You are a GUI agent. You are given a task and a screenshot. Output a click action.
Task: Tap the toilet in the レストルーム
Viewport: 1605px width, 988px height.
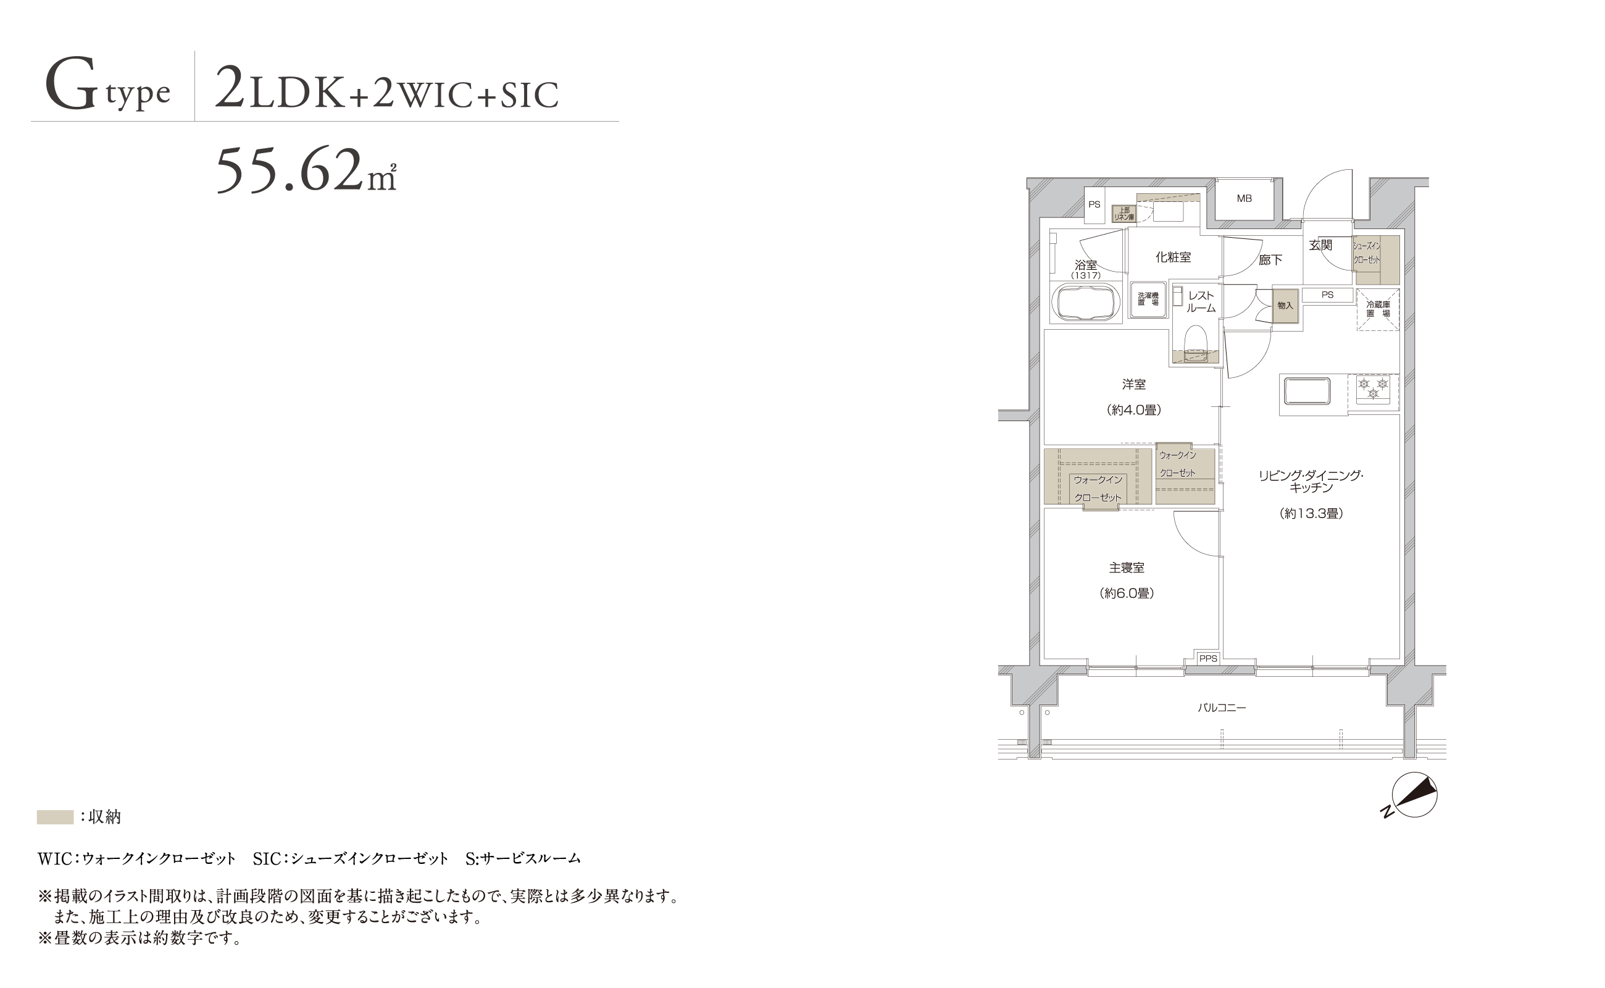(1196, 345)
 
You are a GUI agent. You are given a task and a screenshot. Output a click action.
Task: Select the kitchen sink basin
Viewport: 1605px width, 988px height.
(1306, 391)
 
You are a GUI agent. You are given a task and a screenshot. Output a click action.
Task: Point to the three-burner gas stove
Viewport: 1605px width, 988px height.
(1373, 388)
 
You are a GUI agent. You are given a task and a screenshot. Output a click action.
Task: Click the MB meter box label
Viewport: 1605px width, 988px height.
(1244, 198)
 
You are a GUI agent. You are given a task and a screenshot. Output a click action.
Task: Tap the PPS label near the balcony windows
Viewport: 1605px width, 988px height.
(1208, 659)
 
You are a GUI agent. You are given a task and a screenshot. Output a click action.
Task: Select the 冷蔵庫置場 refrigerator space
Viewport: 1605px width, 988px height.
(1378, 309)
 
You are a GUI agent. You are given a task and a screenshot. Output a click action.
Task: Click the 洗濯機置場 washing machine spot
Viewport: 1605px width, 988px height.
(1148, 299)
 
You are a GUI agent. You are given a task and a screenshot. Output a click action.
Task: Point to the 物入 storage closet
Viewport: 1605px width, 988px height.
(1285, 306)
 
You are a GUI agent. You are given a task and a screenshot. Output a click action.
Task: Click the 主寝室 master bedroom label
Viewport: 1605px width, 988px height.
(1127, 568)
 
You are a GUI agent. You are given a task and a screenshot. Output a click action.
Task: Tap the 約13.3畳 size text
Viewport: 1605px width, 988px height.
(1311, 514)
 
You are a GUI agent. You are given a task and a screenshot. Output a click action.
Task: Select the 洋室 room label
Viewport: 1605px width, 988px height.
(1134, 384)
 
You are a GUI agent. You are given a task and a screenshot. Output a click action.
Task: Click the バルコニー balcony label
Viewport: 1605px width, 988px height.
(1222, 708)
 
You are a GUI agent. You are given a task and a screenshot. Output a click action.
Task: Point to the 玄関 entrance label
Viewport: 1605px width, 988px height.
(1320, 245)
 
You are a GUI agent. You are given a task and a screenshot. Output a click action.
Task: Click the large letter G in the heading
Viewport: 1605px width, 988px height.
(71, 85)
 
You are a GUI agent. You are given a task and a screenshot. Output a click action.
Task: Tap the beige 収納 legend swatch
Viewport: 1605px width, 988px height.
(55, 817)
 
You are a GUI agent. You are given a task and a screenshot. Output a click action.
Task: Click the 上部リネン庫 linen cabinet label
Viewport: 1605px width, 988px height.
(1124, 214)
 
